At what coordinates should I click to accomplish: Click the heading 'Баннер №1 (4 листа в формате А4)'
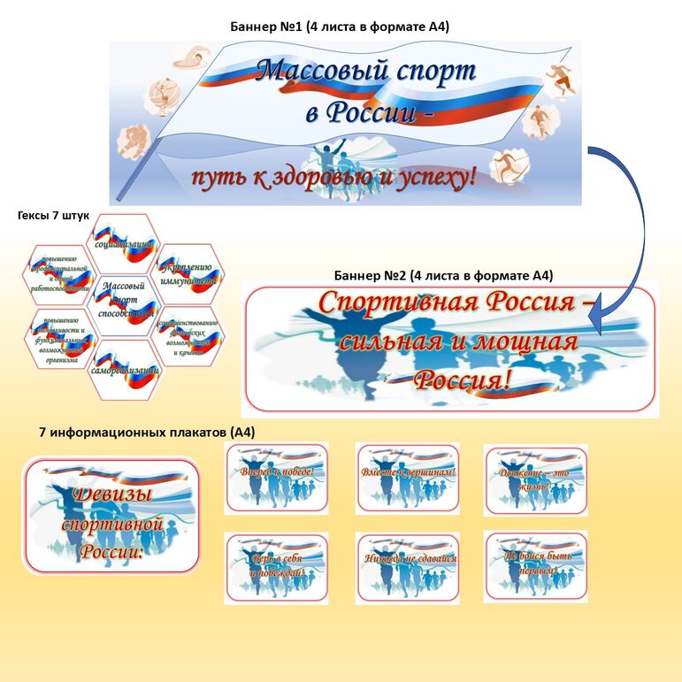click(341, 27)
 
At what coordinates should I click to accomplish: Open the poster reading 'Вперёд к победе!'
click(276, 478)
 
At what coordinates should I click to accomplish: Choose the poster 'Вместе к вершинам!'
click(407, 478)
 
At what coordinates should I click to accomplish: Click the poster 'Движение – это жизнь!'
click(536, 478)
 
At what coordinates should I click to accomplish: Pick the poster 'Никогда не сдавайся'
click(407, 566)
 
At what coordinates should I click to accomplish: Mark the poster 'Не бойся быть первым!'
click(536, 566)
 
